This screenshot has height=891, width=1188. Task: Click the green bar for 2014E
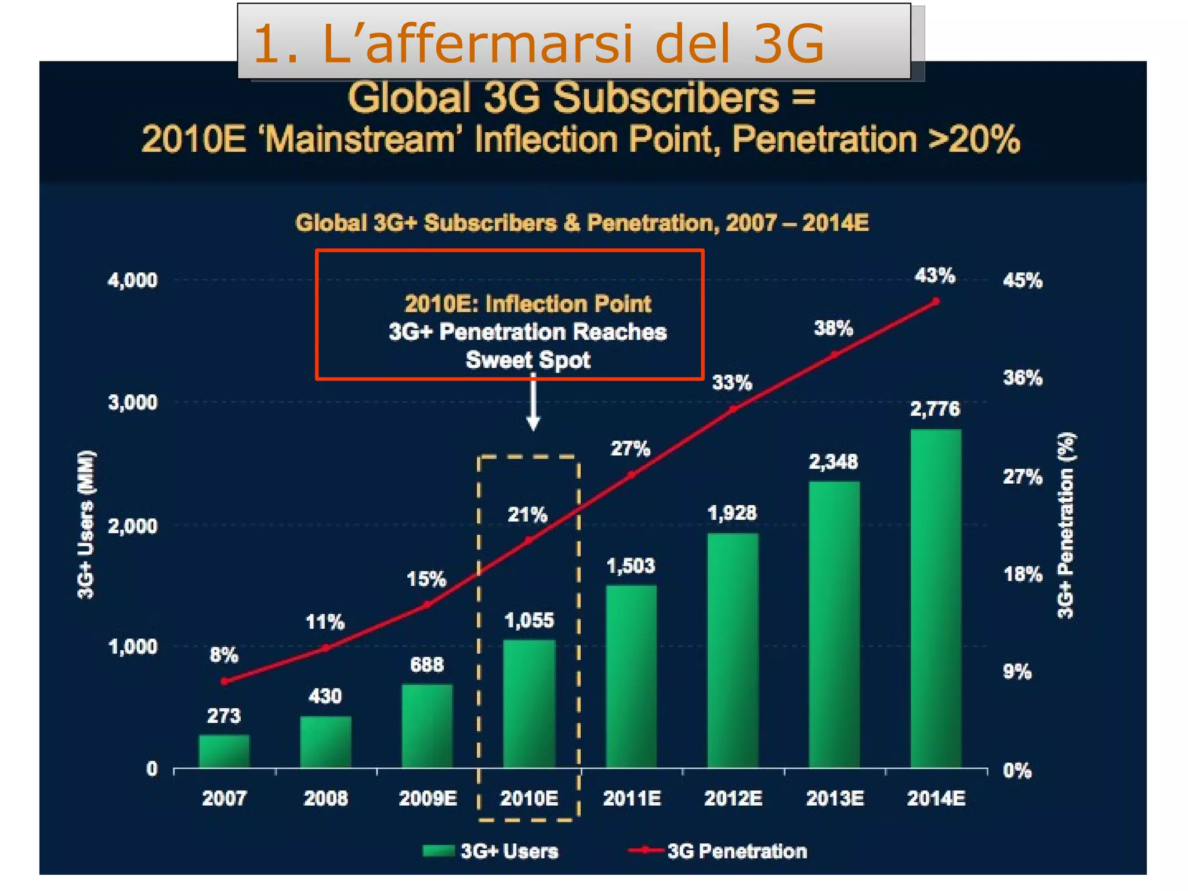click(x=936, y=597)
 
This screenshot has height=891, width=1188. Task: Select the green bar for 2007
click(x=224, y=751)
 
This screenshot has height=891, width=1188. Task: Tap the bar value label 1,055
click(x=529, y=621)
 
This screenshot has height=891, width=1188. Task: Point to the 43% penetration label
click(x=935, y=276)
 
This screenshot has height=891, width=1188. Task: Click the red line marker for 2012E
click(x=733, y=409)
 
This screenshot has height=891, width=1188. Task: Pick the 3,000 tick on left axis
click(x=132, y=402)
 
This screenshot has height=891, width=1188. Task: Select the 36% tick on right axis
click(x=1023, y=378)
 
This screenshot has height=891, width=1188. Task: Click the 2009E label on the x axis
click(x=428, y=799)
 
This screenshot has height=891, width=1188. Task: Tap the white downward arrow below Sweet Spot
click(x=533, y=406)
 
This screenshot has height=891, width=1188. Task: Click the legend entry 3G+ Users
click(x=491, y=851)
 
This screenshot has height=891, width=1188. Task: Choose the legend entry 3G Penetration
click(x=718, y=851)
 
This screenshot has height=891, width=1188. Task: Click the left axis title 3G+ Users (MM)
click(x=86, y=524)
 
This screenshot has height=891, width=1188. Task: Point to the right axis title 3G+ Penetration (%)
click(x=1066, y=526)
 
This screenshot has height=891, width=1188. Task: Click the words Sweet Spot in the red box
click(x=528, y=360)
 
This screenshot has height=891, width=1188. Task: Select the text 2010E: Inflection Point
click(x=528, y=304)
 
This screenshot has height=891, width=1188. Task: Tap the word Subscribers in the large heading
click(x=665, y=97)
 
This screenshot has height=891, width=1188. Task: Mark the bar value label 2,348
click(x=833, y=462)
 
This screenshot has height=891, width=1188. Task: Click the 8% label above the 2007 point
click(x=224, y=655)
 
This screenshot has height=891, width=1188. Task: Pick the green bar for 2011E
click(x=631, y=676)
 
